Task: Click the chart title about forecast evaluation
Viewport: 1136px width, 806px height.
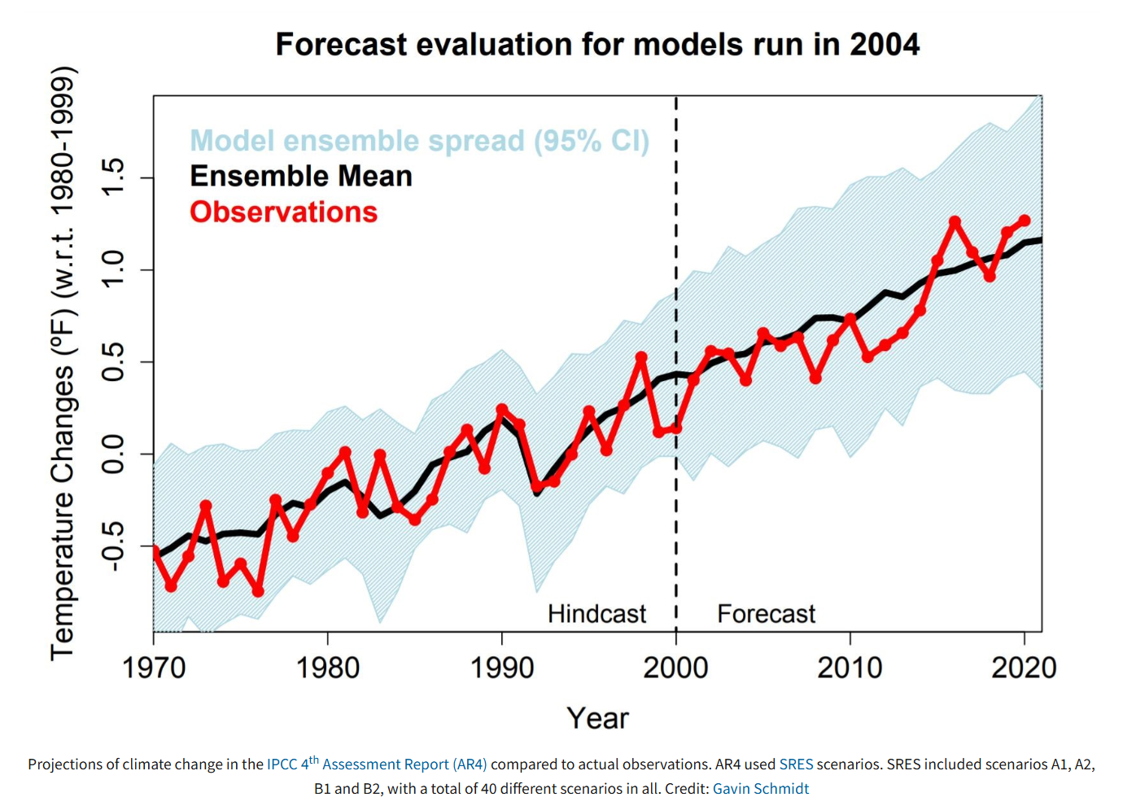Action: pyautogui.click(x=597, y=45)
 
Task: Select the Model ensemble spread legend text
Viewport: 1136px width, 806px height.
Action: pyautogui.click(x=419, y=141)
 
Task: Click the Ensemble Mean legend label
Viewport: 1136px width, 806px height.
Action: pyautogui.click(x=300, y=177)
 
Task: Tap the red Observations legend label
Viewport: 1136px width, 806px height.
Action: pyautogui.click(x=283, y=212)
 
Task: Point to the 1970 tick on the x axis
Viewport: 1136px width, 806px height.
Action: pyautogui.click(x=154, y=668)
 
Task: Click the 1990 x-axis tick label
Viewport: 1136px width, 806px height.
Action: pyautogui.click(x=502, y=668)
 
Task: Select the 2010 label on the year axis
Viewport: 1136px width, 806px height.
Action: pyautogui.click(x=850, y=668)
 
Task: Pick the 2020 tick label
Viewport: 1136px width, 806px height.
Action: pyautogui.click(x=1023, y=668)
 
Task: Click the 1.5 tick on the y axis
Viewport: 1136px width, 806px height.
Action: pyautogui.click(x=112, y=177)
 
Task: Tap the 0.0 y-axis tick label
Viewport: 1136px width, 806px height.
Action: pyautogui.click(x=112, y=453)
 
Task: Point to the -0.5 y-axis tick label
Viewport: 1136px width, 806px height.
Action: pyautogui.click(x=112, y=546)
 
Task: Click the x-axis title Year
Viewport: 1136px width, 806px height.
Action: pyautogui.click(x=597, y=718)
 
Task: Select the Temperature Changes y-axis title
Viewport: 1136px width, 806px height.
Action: pyautogui.click(x=63, y=363)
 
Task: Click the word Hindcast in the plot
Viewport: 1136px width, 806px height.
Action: pyautogui.click(x=596, y=614)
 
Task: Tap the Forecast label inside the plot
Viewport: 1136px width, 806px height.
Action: pyautogui.click(x=766, y=614)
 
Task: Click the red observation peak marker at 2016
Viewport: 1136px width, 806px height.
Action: pyautogui.click(x=955, y=221)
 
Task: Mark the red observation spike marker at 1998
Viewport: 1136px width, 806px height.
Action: pyautogui.click(x=641, y=357)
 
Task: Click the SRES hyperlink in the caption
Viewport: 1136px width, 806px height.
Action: pyautogui.click(x=796, y=764)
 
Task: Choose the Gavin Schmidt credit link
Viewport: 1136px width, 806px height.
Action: pyautogui.click(x=761, y=789)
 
